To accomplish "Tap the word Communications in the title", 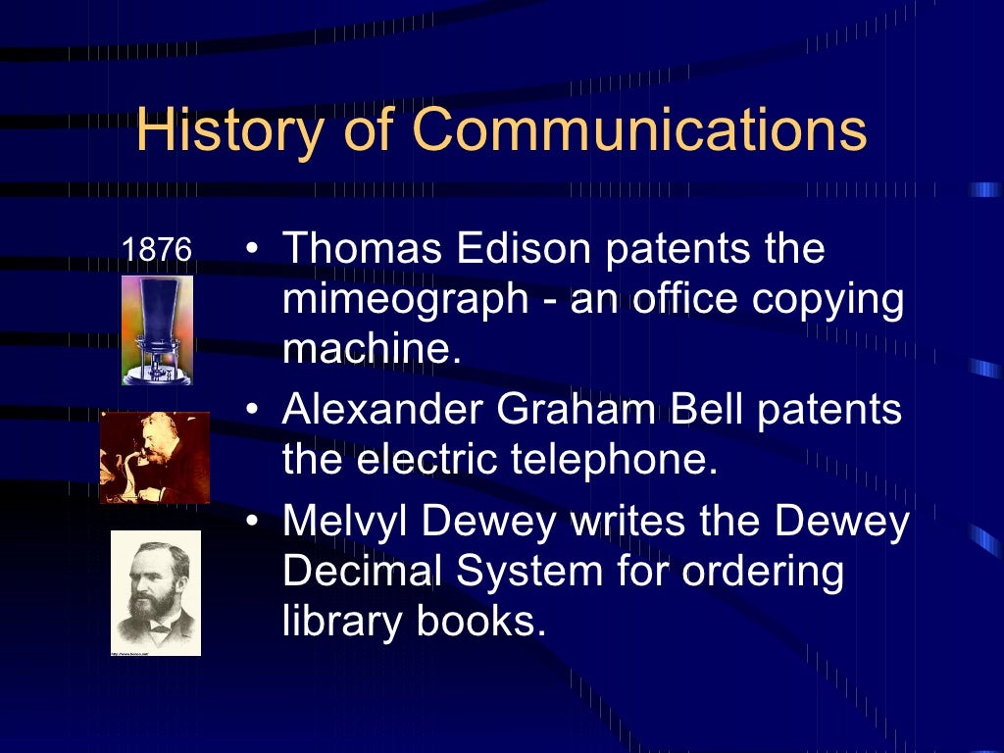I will click(x=640, y=130).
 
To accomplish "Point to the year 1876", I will click(x=156, y=249).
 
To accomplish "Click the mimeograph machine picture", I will click(x=157, y=329).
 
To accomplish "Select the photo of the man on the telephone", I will click(x=155, y=457).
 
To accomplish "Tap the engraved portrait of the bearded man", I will click(x=155, y=592).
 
